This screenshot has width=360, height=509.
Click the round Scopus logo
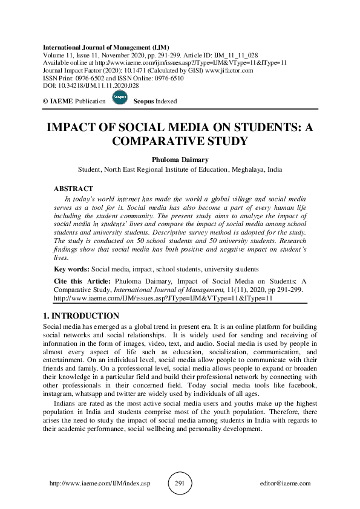(x=119, y=100)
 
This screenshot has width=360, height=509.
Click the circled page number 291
(x=180, y=483)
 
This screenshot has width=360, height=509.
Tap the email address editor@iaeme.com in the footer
(x=284, y=484)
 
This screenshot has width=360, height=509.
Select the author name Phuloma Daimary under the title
(x=180, y=159)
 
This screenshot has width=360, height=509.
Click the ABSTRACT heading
(x=73, y=189)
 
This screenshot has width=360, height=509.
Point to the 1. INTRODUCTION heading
(x=81, y=316)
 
